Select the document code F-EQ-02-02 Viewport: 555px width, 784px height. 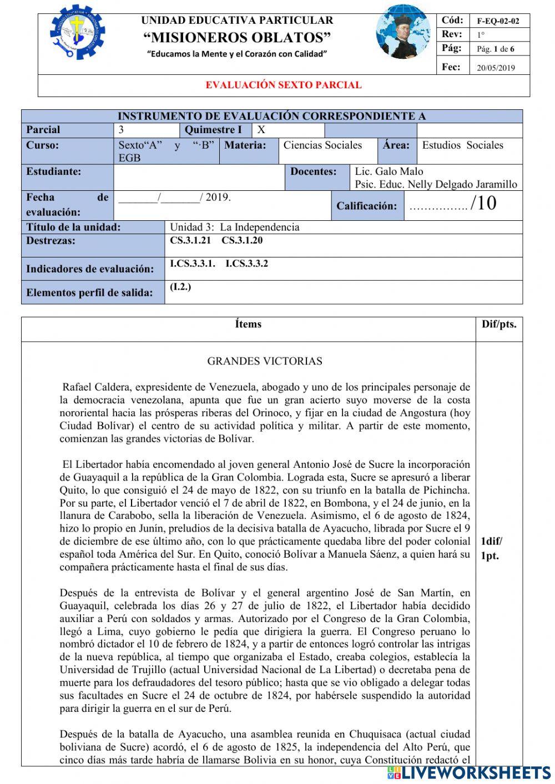point(498,22)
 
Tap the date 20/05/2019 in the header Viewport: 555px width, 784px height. point(496,68)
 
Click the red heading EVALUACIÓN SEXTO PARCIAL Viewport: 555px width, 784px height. point(284,85)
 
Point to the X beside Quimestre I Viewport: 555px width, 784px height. point(261,130)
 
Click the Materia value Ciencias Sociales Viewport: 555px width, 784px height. point(322,145)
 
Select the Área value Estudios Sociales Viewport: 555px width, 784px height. point(462,145)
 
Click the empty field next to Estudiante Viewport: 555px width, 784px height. point(199,178)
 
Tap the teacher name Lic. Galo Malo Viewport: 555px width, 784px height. point(389,171)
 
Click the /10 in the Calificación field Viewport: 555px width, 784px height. point(483,204)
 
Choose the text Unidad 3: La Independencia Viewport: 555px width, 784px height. point(234,227)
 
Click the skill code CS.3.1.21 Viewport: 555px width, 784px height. point(190,241)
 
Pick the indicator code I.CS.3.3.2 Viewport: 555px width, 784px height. point(246,264)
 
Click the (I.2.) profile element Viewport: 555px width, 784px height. point(180,287)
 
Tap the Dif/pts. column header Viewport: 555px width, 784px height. point(498,324)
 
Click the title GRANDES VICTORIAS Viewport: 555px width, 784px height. point(265,361)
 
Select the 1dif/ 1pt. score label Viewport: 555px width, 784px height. point(491,548)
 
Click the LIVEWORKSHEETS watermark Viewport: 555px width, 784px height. point(469,772)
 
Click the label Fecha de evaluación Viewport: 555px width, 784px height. point(67,204)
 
